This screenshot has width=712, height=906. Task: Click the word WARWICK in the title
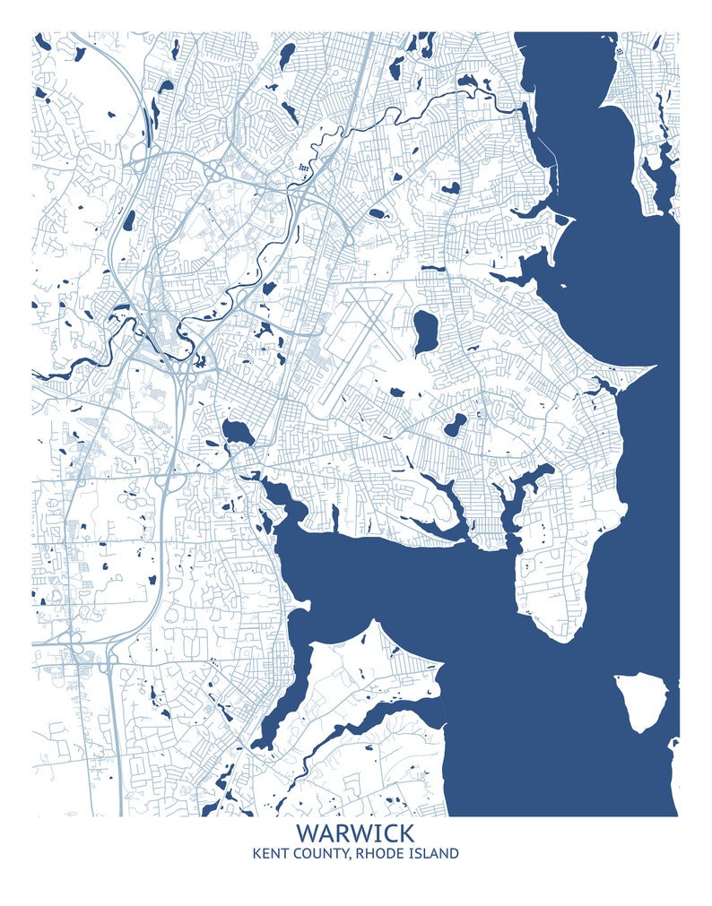tap(355, 834)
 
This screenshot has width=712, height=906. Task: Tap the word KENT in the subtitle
tap(273, 853)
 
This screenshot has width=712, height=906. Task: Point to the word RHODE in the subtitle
tap(378, 853)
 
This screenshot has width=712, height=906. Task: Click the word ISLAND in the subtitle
tap(432, 853)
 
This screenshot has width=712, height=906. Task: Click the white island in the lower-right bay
tap(643, 702)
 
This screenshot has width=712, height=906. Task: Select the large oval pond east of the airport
tap(423, 331)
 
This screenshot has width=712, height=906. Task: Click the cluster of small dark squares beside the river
tap(303, 168)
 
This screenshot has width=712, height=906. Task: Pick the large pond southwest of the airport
tap(238, 433)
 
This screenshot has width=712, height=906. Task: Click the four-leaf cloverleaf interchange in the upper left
tap(214, 170)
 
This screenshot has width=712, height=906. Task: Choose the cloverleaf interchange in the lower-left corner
tap(76, 647)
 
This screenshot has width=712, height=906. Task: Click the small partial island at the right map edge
tap(673, 744)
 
